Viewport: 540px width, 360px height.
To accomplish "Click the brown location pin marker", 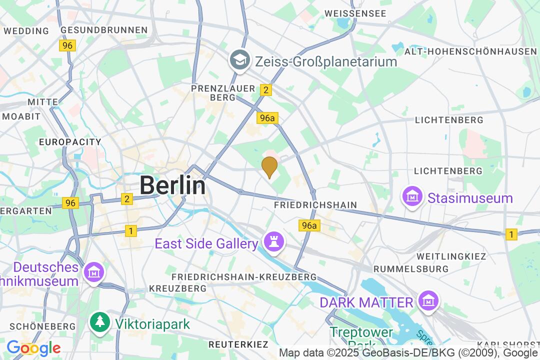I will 269,166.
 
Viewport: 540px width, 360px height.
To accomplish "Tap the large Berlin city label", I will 172,185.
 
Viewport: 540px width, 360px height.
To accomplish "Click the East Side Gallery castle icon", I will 274,243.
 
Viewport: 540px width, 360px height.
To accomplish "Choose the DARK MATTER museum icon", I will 428,301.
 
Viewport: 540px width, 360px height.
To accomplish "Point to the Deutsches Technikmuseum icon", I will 93,273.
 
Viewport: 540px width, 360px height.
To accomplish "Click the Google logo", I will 33,348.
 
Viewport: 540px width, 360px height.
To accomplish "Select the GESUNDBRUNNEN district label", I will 104,30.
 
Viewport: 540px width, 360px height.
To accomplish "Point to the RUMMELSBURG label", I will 411,269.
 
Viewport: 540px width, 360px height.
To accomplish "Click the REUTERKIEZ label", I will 238,344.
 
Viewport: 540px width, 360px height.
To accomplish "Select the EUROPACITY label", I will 70,142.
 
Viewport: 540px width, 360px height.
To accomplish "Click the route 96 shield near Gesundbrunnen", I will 68,45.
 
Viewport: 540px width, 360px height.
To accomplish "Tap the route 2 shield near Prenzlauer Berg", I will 266,89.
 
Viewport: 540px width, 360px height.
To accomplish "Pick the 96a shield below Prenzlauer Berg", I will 267,118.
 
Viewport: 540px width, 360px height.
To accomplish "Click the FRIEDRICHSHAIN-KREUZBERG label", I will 244,277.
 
